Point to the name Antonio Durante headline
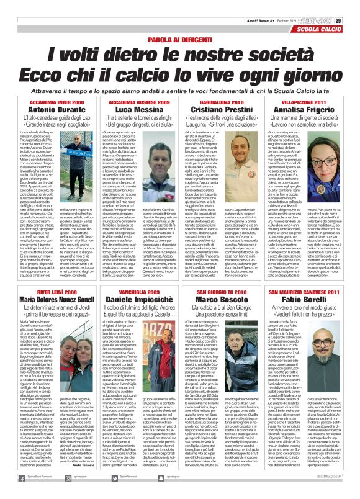point(44,109)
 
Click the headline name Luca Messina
point(134,109)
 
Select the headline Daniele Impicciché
point(134,283)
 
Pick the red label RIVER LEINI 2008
point(44,274)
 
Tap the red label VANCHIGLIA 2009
point(134,274)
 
